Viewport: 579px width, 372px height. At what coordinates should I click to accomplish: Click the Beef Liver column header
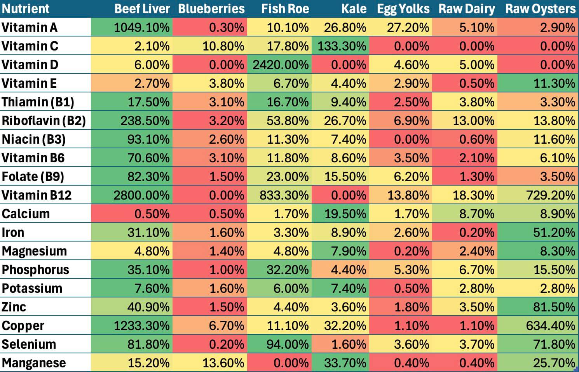coord(142,9)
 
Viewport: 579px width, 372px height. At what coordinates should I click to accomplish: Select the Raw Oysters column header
coord(540,9)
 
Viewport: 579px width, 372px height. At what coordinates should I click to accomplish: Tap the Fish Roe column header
coord(285,9)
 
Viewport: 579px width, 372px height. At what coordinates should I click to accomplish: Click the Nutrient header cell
coord(26,9)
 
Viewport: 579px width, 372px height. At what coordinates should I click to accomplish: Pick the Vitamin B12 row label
coord(37,195)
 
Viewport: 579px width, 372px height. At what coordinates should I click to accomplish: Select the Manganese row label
coord(34,363)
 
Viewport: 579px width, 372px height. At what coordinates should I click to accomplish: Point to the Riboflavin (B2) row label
coord(44,120)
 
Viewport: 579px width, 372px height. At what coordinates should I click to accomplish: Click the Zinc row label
coord(14,307)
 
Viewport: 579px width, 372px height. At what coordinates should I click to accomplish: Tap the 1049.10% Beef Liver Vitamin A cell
coord(142,27)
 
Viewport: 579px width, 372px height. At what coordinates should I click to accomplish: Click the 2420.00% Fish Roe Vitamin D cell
coord(281,64)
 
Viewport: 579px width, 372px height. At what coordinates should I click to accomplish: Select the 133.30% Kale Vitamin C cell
coord(342,46)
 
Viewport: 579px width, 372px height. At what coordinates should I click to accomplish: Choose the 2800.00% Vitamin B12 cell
coord(141,195)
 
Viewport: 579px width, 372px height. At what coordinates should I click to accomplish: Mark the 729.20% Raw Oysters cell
coord(550,195)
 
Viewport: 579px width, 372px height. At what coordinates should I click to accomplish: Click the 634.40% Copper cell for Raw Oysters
coord(550,325)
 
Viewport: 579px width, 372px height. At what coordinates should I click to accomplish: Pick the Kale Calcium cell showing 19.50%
coord(345,214)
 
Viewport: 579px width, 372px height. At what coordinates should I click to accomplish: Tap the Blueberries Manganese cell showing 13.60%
coord(223,363)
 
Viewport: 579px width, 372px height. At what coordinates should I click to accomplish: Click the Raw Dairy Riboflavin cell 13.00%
coord(473,120)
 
